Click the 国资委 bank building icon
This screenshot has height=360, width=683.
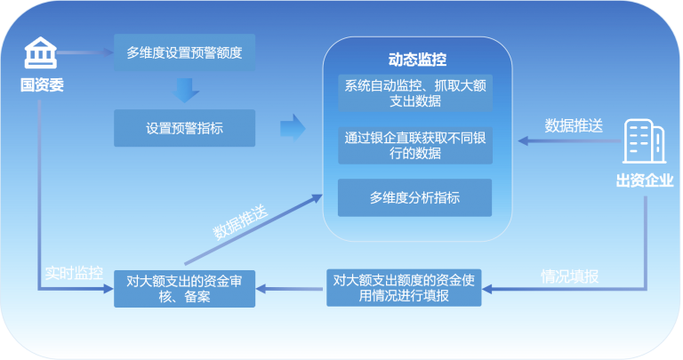[x=41, y=52]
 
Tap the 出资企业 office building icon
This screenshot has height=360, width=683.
[x=644, y=141]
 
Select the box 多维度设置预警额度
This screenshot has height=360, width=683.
[x=185, y=52]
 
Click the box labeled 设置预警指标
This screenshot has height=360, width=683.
[x=185, y=128]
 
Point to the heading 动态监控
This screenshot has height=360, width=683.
[x=417, y=60]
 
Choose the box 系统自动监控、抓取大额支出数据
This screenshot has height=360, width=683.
[x=415, y=93]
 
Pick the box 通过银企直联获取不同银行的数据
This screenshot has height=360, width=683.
[x=415, y=146]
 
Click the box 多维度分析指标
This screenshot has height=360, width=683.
[x=414, y=197]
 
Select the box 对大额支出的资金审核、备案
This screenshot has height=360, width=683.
[x=185, y=289]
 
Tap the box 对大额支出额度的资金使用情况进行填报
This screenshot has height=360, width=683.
[x=404, y=288]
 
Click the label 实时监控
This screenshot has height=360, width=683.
[x=74, y=273]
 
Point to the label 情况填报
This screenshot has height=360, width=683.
[x=570, y=276]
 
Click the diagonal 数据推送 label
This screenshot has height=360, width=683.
[x=240, y=222]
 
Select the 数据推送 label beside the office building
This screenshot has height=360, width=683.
[x=574, y=125]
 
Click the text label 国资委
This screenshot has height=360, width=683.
[x=42, y=84]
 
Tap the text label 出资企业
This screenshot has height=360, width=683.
[x=645, y=180]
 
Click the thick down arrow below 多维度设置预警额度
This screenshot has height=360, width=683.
[x=185, y=90]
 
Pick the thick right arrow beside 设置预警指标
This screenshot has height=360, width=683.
[x=293, y=128]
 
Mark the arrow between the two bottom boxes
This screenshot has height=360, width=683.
[x=291, y=289]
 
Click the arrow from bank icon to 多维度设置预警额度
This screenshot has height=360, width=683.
[x=85, y=52]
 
